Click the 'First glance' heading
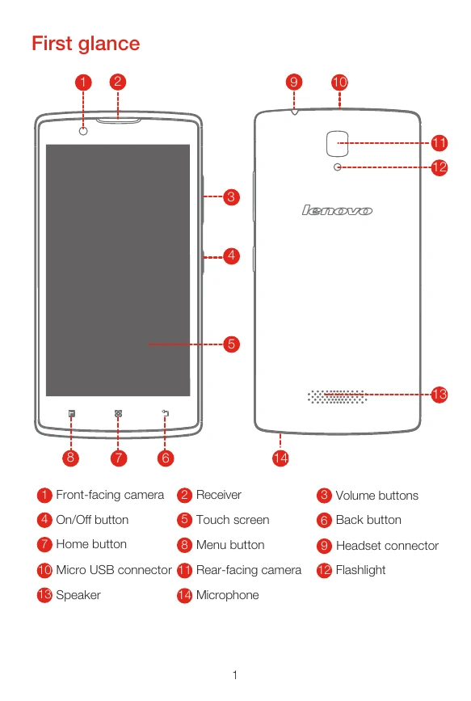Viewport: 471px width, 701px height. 86,44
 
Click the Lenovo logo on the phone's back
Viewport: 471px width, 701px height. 337,210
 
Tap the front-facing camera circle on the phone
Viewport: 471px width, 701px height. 83,131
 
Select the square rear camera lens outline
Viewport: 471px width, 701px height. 338,143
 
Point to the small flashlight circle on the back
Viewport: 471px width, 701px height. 338,167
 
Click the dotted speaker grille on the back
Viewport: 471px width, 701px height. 337,396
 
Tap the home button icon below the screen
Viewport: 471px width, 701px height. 118,413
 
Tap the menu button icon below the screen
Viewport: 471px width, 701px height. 72,413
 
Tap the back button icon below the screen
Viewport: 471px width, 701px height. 166,413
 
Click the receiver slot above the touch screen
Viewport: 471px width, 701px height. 119,120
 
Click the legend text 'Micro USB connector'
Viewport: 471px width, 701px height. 114,570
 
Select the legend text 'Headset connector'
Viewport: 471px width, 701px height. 388,546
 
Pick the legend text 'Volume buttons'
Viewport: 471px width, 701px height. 377,496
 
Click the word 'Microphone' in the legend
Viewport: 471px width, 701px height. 228,595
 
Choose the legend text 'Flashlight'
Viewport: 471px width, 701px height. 360,570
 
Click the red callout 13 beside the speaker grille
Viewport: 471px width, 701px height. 439,395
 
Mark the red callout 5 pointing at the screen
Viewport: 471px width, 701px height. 231,344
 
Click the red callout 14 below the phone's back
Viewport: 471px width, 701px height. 280,458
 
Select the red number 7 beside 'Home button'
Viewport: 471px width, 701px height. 44,544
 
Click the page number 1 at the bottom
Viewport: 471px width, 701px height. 235,675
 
